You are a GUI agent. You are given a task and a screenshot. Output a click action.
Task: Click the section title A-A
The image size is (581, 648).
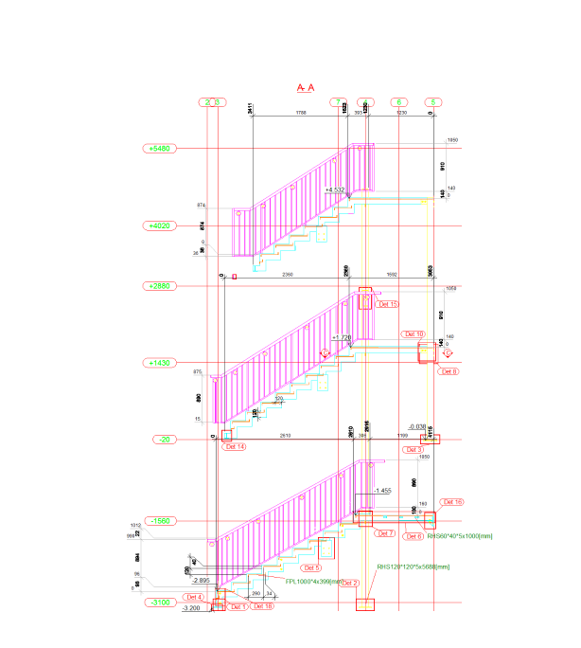point(305,86)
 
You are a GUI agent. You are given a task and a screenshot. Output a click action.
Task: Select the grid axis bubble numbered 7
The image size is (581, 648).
point(337,102)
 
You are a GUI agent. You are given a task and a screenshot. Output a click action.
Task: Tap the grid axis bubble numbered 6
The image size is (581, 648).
point(399,102)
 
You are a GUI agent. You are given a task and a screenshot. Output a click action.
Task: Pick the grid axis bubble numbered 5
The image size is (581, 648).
point(433,102)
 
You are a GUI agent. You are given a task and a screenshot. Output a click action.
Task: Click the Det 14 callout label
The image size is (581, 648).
point(234,446)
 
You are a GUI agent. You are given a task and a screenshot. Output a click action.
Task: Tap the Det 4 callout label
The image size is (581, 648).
point(194,597)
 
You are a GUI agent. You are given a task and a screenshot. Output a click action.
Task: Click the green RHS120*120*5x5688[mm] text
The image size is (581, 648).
point(414,567)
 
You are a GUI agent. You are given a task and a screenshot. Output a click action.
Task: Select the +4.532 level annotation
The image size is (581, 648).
point(334,190)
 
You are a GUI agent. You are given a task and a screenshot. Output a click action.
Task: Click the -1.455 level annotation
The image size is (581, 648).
point(382,491)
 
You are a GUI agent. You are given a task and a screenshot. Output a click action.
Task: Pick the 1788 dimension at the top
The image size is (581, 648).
point(301,114)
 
